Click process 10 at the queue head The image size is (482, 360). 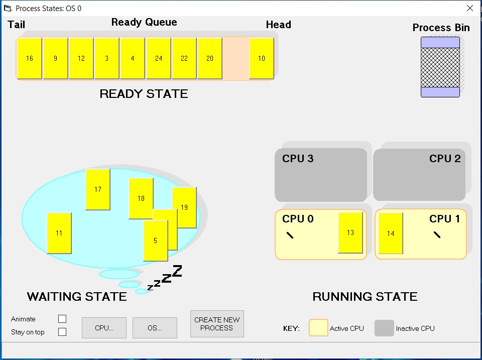pyautogui.click(x=262, y=58)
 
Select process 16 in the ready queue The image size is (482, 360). pyautogui.click(x=30, y=58)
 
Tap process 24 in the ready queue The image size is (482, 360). pyautogui.click(x=159, y=58)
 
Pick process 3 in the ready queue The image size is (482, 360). pyautogui.click(x=107, y=58)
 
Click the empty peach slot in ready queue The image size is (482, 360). pyautogui.click(x=235, y=58)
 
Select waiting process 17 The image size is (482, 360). pyautogui.click(x=98, y=189)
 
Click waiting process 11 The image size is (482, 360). pyautogui.click(x=59, y=233)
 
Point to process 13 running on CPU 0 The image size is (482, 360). pyautogui.click(x=350, y=232)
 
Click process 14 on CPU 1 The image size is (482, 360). pyautogui.click(x=391, y=233)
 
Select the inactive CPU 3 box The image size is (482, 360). pyautogui.click(x=321, y=176)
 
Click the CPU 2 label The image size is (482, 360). pyautogui.click(x=444, y=159)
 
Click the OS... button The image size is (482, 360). pyautogui.click(x=155, y=328)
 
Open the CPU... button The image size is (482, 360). pyautogui.click(x=104, y=328)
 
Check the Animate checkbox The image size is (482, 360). pyautogui.click(x=62, y=319)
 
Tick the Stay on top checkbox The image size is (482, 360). pyautogui.click(x=62, y=332)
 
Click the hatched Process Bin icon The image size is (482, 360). pyautogui.click(x=440, y=67)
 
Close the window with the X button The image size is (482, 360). pyautogui.click(x=470, y=8)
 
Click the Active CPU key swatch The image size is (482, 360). pyautogui.click(x=318, y=328)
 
